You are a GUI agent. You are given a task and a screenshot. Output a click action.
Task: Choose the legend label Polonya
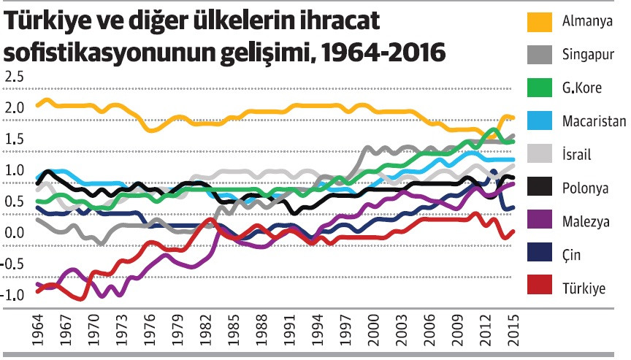pos(585,188)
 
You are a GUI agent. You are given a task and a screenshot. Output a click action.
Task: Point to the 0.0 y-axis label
pos(15,233)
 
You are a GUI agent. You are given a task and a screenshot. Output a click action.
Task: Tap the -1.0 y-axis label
pos(14,295)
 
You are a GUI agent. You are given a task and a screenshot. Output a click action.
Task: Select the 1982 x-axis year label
pos(201,332)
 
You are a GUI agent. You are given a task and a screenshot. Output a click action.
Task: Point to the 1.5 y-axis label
pos(15,139)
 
